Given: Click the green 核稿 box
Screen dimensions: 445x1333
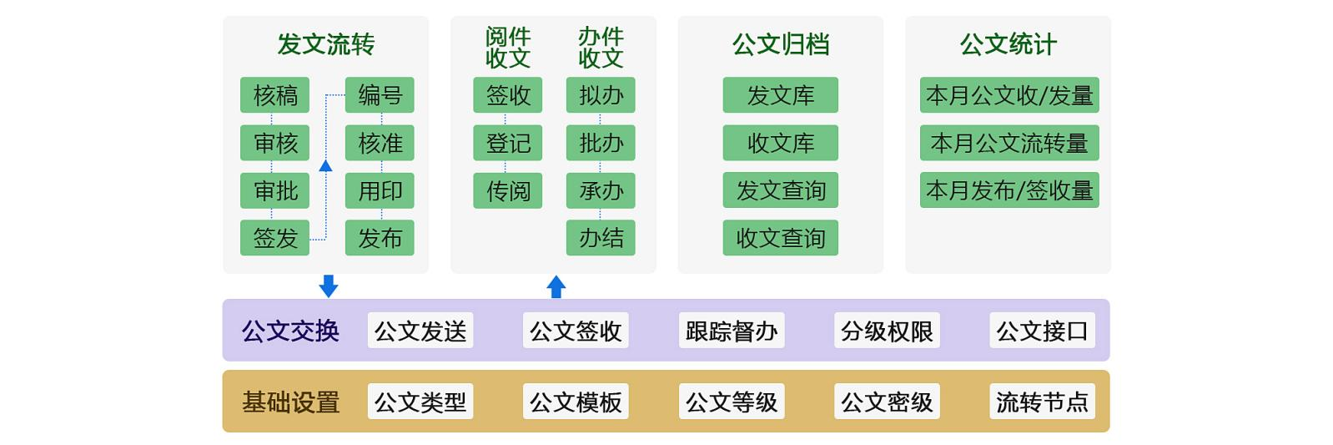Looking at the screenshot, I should (x=274, y=95).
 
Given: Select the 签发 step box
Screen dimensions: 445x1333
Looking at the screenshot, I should (x=274, y=238).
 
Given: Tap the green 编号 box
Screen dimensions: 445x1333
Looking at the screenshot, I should (x=380, y=95).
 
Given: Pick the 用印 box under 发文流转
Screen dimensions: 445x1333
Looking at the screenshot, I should (x=380, y=190).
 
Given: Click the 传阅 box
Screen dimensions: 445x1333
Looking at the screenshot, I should (x=507, y=190).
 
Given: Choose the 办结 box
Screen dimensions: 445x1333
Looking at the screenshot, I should (x=601, y=238).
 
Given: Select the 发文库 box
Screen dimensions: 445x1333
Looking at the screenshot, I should (x=780, y=95).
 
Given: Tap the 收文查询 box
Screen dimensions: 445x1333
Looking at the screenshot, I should (x=780, y=238).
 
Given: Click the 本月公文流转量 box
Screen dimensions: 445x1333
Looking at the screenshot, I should (x=1009, y=143).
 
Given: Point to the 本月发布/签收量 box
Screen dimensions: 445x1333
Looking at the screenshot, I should (x=1009, y=190).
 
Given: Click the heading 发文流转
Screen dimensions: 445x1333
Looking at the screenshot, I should (x=325, y=44).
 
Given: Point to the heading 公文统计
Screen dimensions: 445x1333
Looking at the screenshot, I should (x=1008, y=44).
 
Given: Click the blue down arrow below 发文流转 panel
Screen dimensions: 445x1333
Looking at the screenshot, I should (x=329, y=286).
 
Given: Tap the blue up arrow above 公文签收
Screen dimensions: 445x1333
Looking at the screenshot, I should (x=556, y=286).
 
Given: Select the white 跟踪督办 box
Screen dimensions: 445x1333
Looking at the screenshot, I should (x=732, y=331).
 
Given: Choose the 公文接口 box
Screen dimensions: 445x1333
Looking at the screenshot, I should (x=1042, y=331).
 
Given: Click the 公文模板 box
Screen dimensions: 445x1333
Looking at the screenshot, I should (x=576, y=402).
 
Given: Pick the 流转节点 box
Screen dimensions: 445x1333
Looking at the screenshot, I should (x=1042, y=402).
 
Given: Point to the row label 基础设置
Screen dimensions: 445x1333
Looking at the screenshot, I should (x=290, y=402).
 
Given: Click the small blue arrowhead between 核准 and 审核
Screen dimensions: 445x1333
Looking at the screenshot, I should (x=326, y=166).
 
